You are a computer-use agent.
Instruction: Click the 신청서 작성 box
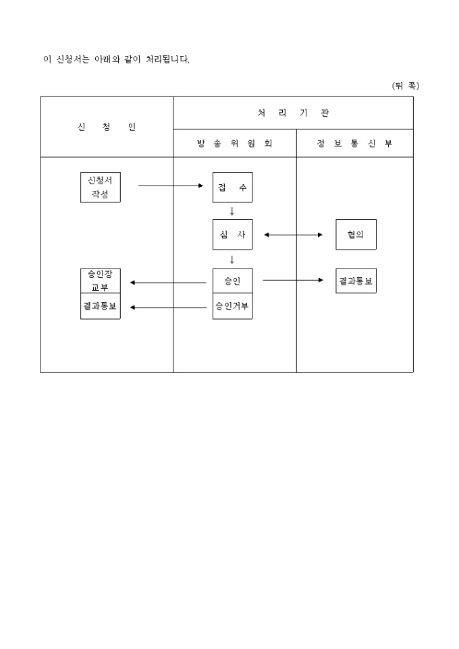100,187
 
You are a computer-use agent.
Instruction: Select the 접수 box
232,187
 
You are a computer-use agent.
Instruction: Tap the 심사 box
232,235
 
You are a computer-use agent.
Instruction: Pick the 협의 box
356,235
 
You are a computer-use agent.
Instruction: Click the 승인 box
232,281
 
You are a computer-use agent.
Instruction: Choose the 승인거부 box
232,306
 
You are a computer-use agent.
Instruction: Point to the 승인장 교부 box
100,281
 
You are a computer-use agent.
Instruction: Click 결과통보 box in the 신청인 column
100,306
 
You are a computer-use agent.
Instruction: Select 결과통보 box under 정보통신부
356,281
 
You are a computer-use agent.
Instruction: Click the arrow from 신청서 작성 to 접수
171,186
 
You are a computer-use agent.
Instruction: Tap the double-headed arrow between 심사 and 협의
294,235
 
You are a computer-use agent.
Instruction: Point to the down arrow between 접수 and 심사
232,211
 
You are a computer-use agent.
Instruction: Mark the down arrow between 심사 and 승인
232,259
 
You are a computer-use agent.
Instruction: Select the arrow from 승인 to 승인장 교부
168,283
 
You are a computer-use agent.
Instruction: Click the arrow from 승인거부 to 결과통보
168,308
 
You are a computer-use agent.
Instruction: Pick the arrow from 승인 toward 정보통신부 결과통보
293,280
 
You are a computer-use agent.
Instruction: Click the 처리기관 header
293,113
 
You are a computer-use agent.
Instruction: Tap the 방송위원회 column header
234,144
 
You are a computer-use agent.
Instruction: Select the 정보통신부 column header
354,144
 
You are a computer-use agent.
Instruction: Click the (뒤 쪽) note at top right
405,86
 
